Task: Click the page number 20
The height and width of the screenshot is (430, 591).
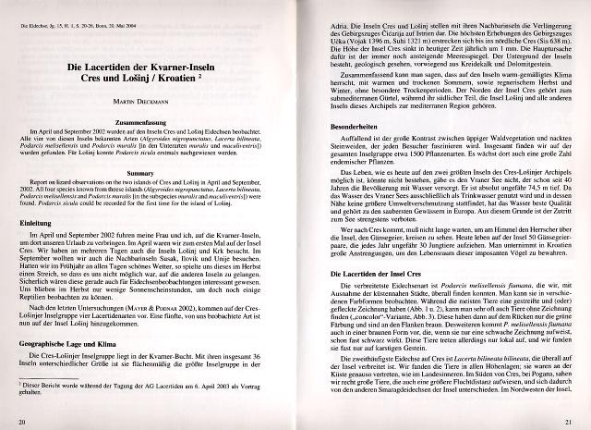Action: point(21,422)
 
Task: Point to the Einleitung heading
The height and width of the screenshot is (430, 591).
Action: point(36,223)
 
